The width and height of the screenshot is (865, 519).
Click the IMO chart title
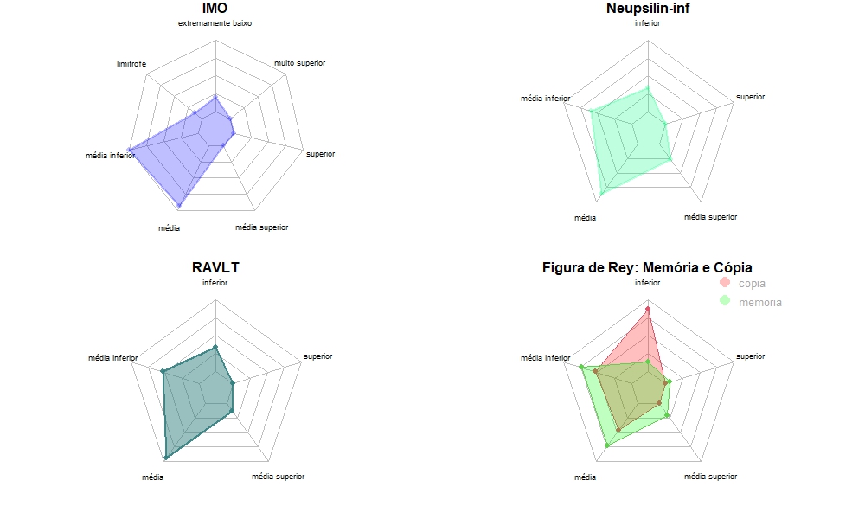point(215,9)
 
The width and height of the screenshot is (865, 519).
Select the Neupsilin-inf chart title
point(647,9)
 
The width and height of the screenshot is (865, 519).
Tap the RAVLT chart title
point(215,267)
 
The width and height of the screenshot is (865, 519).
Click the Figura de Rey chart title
point(647,267)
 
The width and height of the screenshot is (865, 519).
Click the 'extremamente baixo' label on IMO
point(215,23)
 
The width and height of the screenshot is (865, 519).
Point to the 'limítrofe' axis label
point(131,64)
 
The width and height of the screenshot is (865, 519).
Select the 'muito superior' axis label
point(300,64)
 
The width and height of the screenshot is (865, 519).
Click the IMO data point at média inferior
point(130,151)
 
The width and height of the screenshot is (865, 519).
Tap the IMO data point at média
point(179,205)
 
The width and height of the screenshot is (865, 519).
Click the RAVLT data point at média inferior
point(163,371)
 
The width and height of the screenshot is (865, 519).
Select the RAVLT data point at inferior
point(215,347)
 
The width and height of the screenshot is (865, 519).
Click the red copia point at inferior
point(648,308)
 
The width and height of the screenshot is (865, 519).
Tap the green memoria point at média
point(607,445)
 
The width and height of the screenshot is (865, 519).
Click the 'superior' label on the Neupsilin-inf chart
point(750,97)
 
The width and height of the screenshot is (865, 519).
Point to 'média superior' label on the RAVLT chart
point(278,477)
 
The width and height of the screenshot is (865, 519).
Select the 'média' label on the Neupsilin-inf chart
point(585,217)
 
